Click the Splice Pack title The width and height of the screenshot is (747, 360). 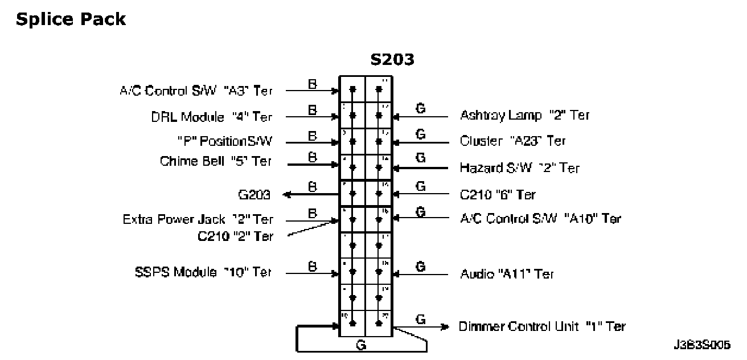[x=71, y=19]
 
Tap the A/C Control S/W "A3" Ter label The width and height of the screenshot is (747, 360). [x=195, y=91]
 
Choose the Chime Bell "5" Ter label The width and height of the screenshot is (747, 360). [x=216, y=161]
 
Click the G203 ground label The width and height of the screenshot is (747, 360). [x=253, y=195]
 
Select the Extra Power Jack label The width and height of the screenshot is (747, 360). [x=198, y=219]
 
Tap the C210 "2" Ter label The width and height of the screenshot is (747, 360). [x=235, y=236]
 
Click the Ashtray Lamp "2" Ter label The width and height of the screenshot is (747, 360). [x=524, y=115]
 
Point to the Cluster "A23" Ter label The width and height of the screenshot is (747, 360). [x=512, y=140]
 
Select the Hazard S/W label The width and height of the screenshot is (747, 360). [x=519, y=168]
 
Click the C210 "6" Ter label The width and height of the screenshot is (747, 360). [x=498, y=195]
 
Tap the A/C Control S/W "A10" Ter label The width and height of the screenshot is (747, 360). [x=540, y=218]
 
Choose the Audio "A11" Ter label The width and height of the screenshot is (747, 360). [x=507, y=274]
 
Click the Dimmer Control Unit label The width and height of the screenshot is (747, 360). [x=541, y=326]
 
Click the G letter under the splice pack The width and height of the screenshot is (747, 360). [x=360, y=345]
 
